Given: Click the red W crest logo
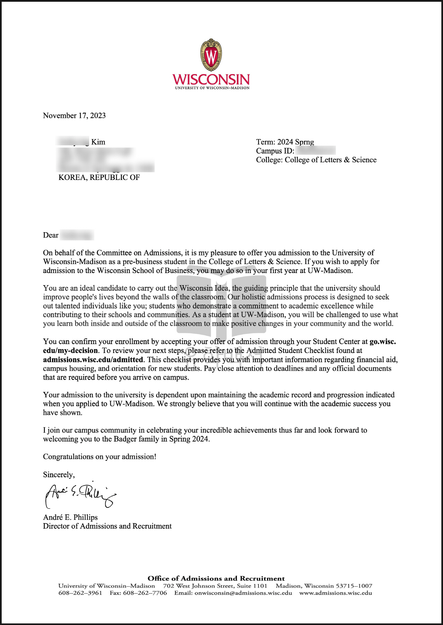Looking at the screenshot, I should pos(211,55).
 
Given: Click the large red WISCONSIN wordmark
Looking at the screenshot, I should pos(211,79).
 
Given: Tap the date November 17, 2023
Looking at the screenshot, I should pos(74,116).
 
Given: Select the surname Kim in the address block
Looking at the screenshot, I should pos(98,142).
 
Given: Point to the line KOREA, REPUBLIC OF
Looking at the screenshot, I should pos(99,178).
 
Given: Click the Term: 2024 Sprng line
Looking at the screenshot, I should pos(285,142).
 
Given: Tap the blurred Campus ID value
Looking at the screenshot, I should pos(316,151).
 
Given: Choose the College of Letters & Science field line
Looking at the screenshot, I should pos(316,160).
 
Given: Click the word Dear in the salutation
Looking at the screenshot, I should pos(51,235).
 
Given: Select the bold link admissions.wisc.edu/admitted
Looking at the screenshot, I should pos(93,360).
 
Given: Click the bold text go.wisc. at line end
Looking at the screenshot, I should pos(383,342).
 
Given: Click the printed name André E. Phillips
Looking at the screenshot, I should pos(70,517).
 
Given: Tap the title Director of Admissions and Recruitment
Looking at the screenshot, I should pos(107,526).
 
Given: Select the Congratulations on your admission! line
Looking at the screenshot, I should pos(100,457).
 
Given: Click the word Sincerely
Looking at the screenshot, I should pos(58,475).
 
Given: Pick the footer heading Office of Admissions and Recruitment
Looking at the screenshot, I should pos(216,578).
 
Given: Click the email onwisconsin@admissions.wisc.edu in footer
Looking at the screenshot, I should pos(243,593).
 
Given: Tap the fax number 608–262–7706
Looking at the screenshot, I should pos(145,593).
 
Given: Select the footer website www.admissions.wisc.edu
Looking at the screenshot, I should pos(336,593).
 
